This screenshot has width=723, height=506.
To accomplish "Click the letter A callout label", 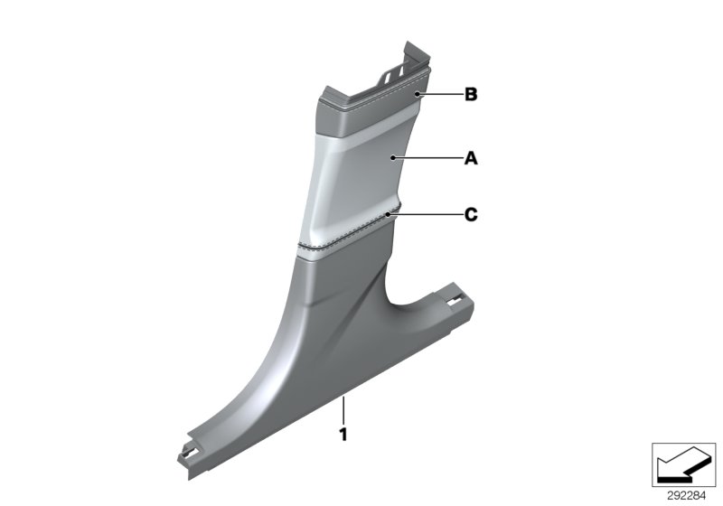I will click(470, 158).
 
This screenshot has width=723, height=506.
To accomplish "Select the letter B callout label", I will click(470, 93).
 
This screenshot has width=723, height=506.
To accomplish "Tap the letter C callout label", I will click(470, 215).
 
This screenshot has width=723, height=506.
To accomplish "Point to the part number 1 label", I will click(343, 435).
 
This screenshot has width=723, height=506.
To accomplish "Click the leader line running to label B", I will click(438, 93).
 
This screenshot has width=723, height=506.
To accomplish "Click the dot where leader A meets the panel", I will click(392, 158).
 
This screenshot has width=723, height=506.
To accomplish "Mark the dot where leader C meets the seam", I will click(390, 215).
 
